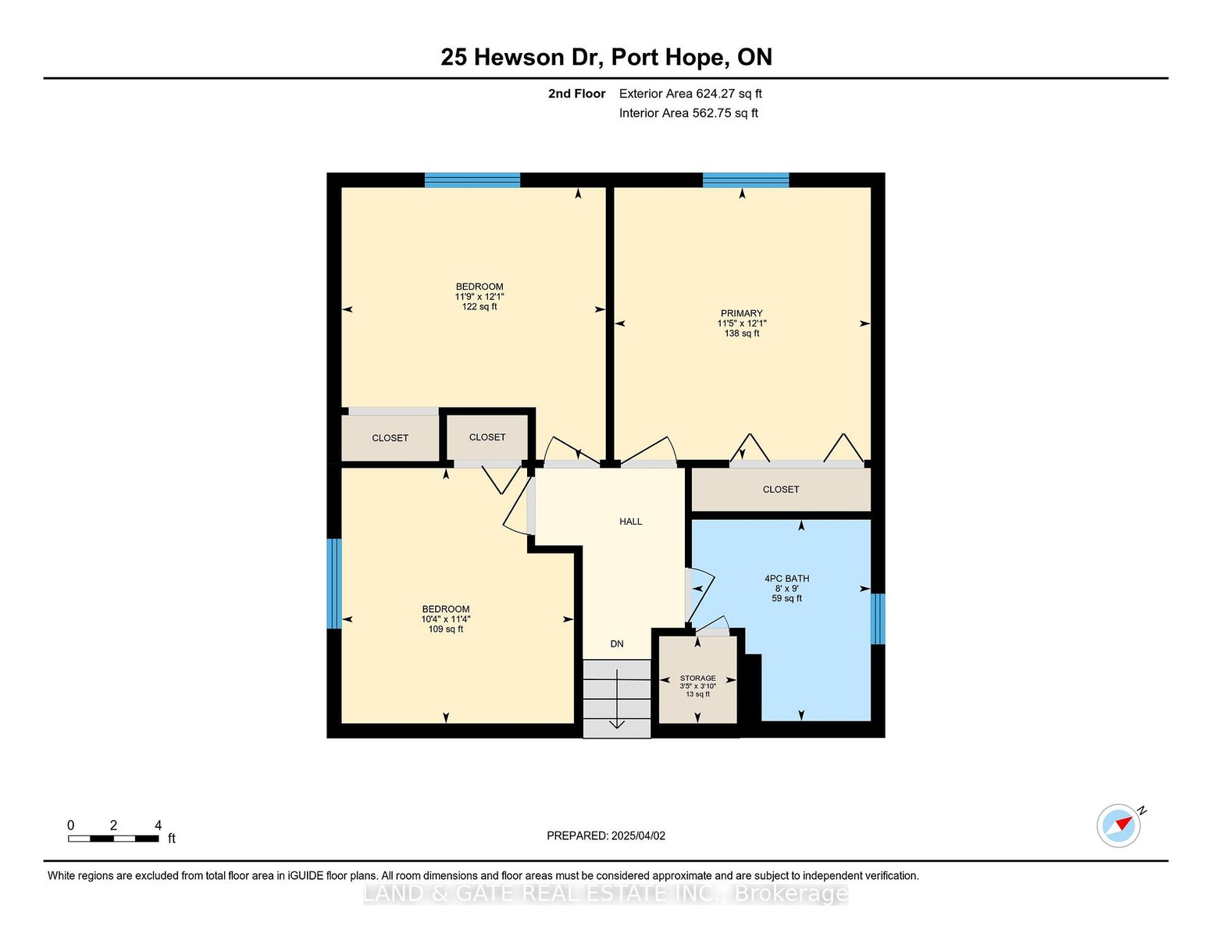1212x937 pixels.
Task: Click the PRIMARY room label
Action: pyautogui.click(x=741, y=313)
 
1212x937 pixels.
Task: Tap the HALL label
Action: pyautogui.click(x=631, y=522)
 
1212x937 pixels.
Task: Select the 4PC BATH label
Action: pyautogui.click(x=786, y=579)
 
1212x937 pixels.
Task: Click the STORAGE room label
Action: pyautogui.click(x=697, y=679)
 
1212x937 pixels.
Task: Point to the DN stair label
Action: pyautogui.click(x=617, y=644)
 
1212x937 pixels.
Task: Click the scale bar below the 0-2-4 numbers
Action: pyautogui.click(x=113, y=839)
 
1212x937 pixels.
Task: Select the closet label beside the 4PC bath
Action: pyautogui.click(x=781, y=490)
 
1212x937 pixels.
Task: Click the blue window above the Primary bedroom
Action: pyautogui.click(x=746, y=180)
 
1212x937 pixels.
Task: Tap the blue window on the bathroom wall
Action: pyautogui.click(x=878, y=618)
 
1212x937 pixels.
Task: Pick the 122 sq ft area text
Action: pyautogui.click(x=479, y=307)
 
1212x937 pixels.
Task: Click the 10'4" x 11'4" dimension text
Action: pyautogui.click(x=446, y=619)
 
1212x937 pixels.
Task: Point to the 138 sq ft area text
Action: pyautogui.click(x=742, y=333)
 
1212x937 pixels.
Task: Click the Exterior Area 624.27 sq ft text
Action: pyautogui.click(x=690, y=94)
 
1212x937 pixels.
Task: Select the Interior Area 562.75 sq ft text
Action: pyautogui.click(x=689, y=113)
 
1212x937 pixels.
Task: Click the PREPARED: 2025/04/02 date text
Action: pyautogui.click(x=606, y=835)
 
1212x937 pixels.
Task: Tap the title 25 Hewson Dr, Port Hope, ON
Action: pyautogui.click(x=606, y=57)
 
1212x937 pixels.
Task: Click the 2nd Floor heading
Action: pyautogui.click(x=577, y=94)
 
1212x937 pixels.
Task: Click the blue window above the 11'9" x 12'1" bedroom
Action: pyautogui.click(x=472, y=180)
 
